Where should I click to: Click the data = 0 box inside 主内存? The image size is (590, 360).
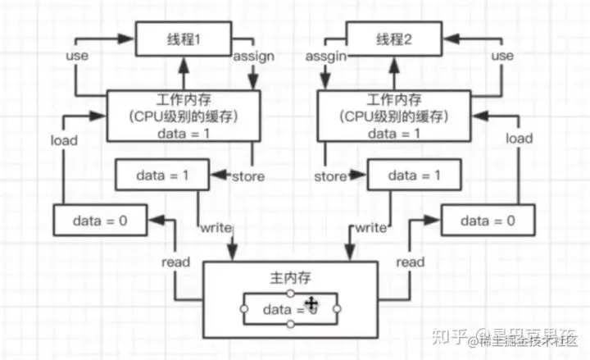pyautogui.click(x=290, y=309)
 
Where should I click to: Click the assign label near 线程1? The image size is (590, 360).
pyautogui.click(x=254, y=57)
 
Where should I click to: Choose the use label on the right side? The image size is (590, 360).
pyautogui.click(x=501, y=57)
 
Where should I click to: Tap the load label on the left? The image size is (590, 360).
pyautogui.click(x=63, y=139)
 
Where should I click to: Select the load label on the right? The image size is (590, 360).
pyautogui.click(x=518, y=139)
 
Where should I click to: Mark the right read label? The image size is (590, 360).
pyautogui.click(x=410, y=262)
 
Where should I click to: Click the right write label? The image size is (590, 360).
pyautogui.click(x=370, y=227)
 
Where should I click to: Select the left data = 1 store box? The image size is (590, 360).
pyautogui.click(x=161, y=175)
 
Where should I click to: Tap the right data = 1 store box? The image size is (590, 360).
pyautogui.click(x=412, y=175)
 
